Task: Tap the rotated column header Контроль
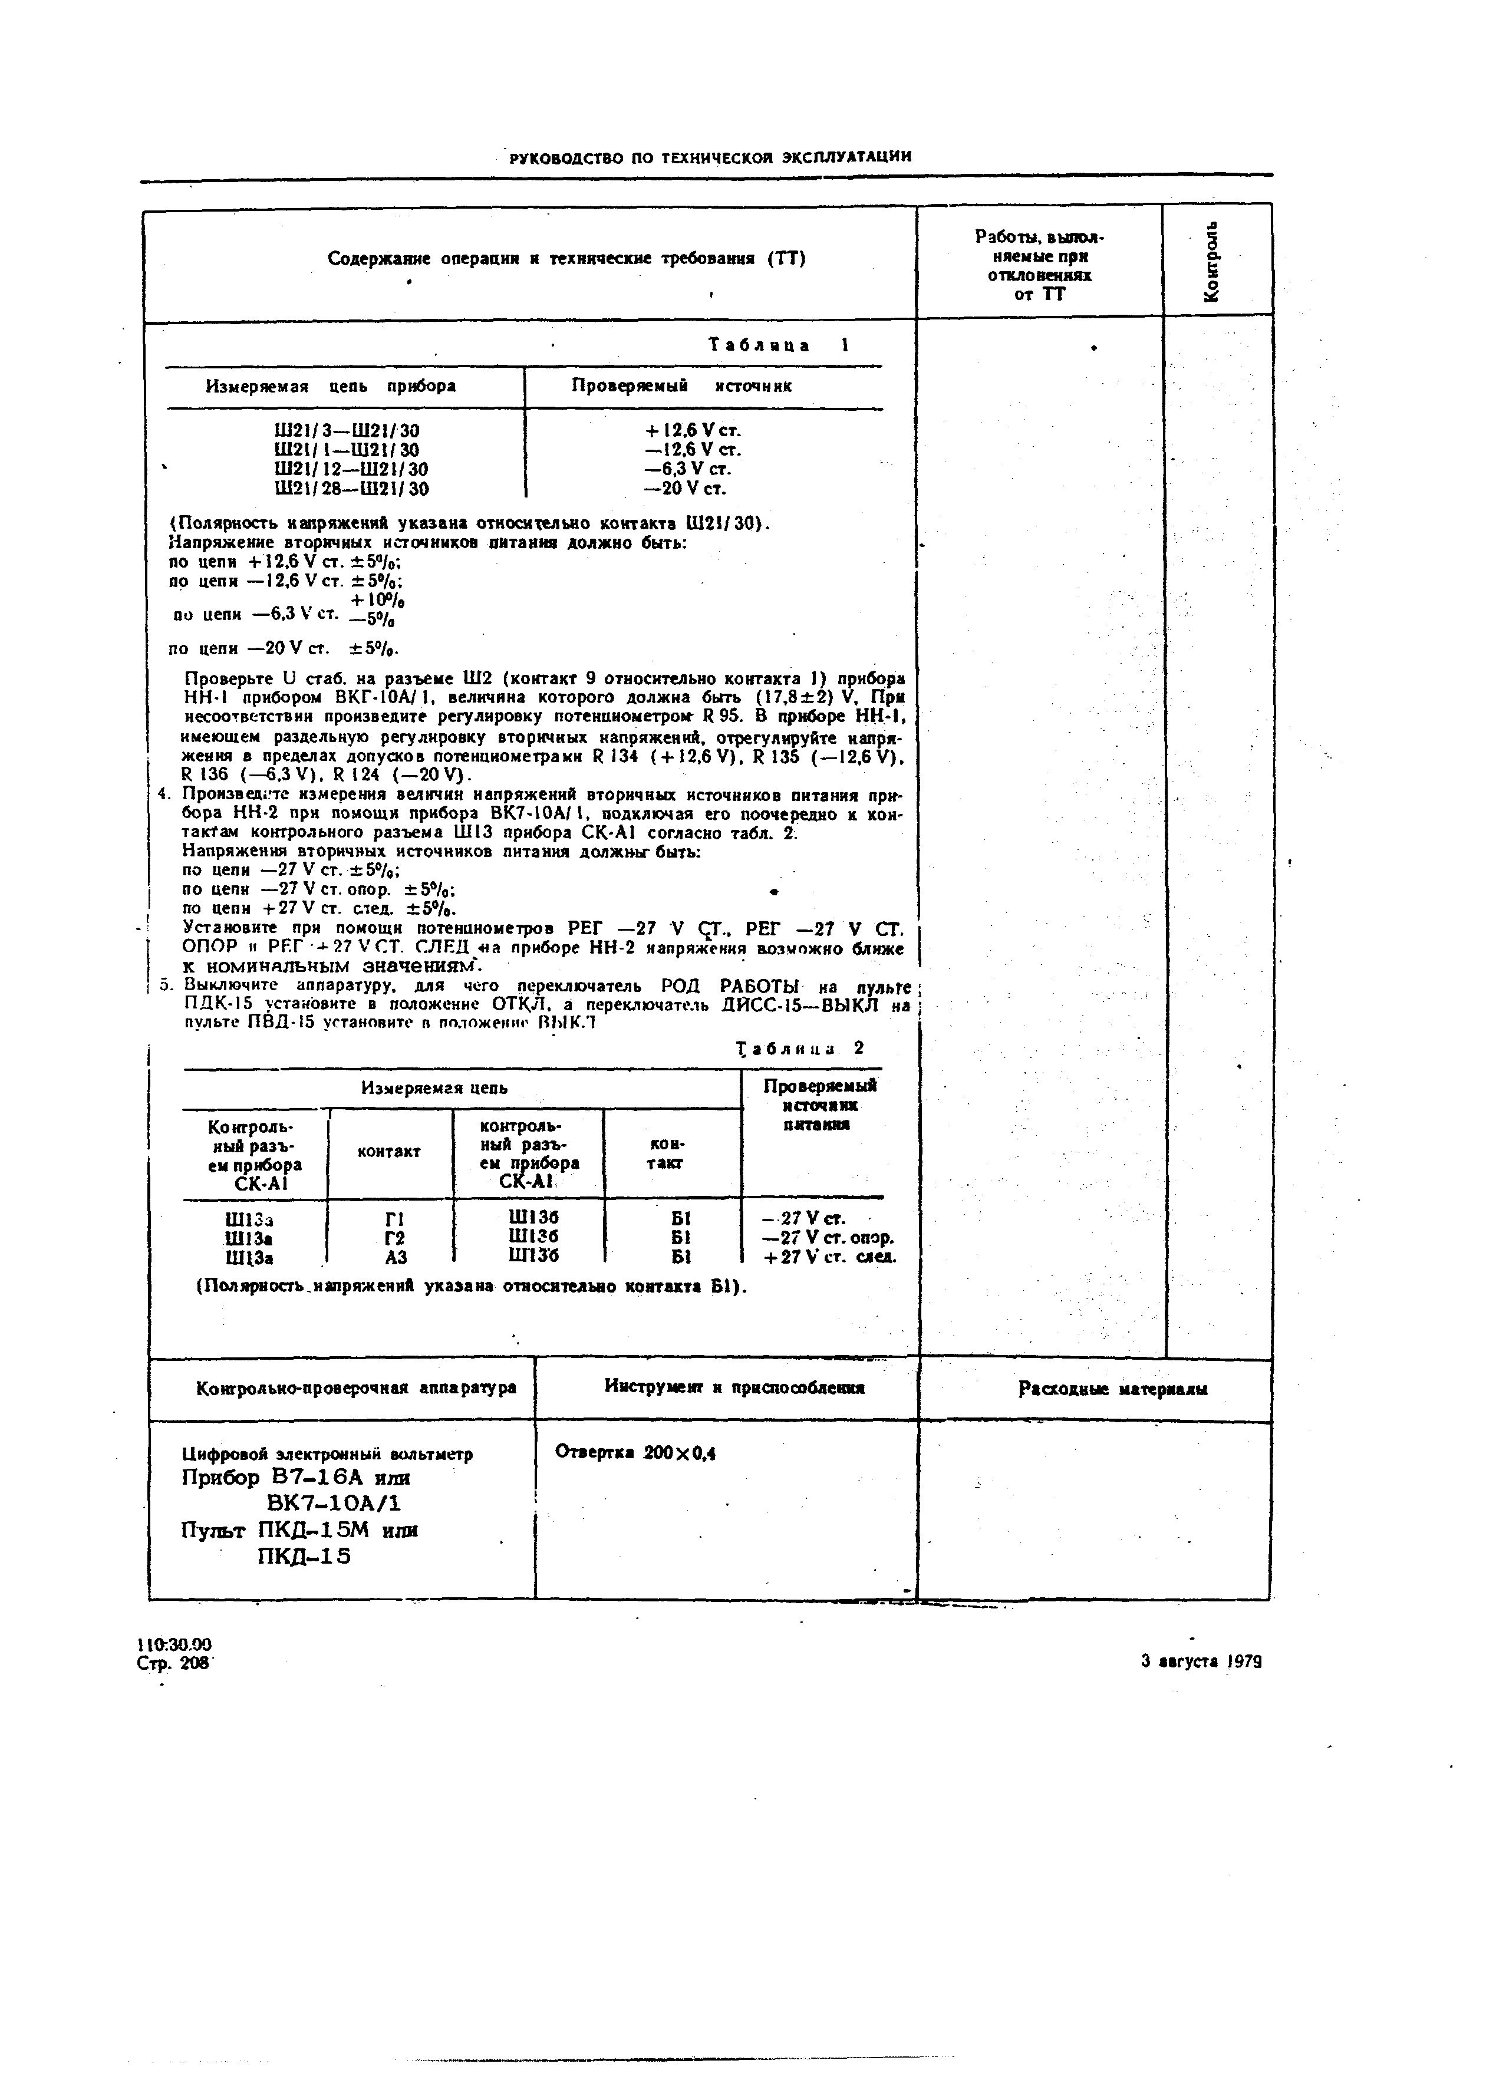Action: pyautogui.click(x=1212, y=261)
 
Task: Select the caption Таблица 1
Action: pyautogui.click(x=777, y=345)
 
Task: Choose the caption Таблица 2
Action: pyautogui.click(x=800, y=1049)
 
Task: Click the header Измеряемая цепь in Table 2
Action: pyautogui.click(x=434, y=1088)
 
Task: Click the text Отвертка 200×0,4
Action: pyautogui.click(x=635, y=1452)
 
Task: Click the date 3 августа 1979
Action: pyautogui.click(x=1201, y=1662)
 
